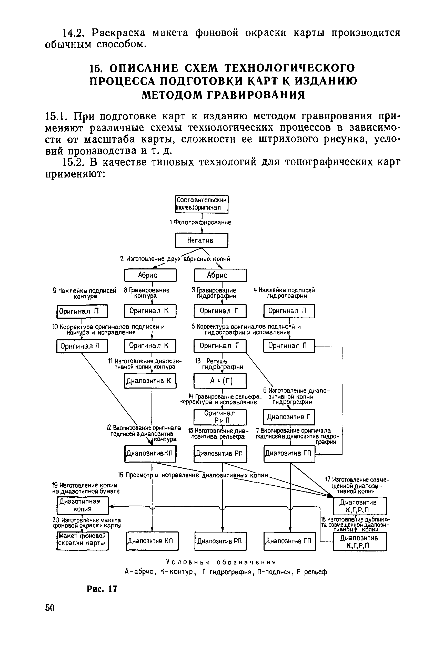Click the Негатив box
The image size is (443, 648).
(201, 240)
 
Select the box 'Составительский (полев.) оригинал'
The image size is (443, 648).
(202, 204)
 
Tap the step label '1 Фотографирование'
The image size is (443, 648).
(200, 222)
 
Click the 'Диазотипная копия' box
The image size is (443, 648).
(82, 505)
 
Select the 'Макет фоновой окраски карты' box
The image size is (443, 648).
(82, 541)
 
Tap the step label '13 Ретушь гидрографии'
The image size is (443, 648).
(219, 364)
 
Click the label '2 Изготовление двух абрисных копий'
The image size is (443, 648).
(175, 259)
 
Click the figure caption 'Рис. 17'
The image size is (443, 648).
(102, 589)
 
